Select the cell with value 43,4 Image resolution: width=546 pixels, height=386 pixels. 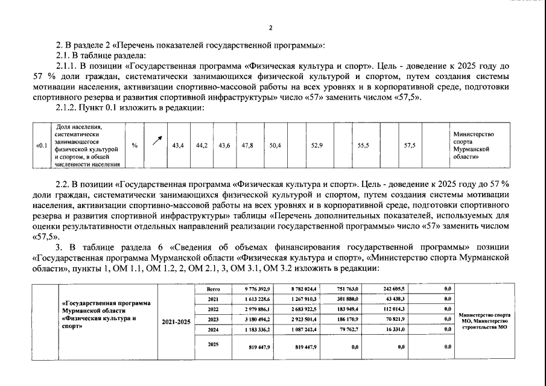tap(178, 145)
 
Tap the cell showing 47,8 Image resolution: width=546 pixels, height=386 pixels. tap(247, 145)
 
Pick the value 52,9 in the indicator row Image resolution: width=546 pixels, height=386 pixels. tap(316, 145)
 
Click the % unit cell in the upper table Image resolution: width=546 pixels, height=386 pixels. tap(135, 145)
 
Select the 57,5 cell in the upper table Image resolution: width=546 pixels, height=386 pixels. tap(409, 145)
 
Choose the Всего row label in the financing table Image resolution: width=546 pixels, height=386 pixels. tap(213, 289)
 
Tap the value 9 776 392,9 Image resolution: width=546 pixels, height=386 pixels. tap(258, 289)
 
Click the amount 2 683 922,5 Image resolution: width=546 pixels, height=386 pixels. tap(307, 309)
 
